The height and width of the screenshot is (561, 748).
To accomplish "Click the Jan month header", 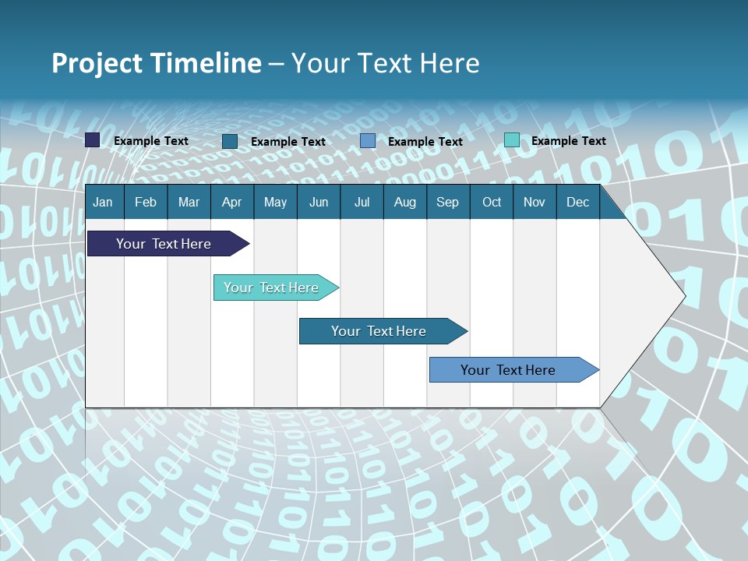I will point(103,202).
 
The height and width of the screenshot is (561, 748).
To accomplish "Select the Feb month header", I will point(146,202).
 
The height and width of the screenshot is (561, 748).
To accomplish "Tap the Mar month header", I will point(189,202).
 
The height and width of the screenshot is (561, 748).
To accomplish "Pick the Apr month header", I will point(231,202).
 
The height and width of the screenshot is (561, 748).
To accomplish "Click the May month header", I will point(275,202).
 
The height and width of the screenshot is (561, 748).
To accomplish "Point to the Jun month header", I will point(319,202).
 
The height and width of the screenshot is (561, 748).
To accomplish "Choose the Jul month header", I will point(362,202).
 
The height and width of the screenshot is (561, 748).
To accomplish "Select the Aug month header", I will point(404,202).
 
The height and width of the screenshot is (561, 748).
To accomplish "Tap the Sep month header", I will point(447,202).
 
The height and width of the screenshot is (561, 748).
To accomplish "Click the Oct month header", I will point(492,202).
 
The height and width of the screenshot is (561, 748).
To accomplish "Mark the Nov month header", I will point(535,202).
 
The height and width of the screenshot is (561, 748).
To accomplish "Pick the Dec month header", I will point(577,202).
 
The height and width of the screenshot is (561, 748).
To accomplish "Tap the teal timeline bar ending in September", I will point(379,331).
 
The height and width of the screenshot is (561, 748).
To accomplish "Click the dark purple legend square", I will point(93,140).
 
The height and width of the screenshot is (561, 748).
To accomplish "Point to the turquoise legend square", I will point(512,140).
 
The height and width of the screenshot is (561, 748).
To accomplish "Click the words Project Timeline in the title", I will point(157,63).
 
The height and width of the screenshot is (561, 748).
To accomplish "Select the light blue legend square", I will point(368,141).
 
